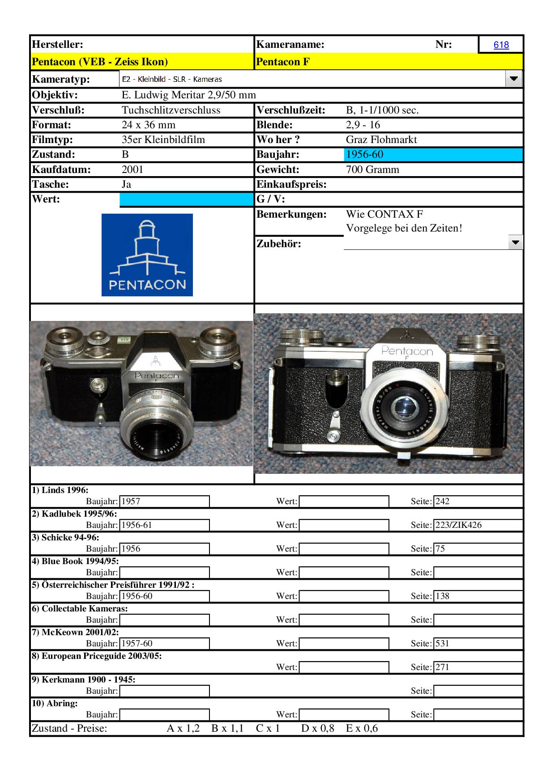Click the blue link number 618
pos(501,45)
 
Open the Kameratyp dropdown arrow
pos(513,79)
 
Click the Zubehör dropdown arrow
pos(516,243)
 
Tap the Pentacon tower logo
pos(147,255)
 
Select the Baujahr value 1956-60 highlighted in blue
pos(365,155)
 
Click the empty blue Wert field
pos(186,199)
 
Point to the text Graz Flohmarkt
pos(381,139)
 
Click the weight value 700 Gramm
pos(372,169)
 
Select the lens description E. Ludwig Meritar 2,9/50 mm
pos(188,95)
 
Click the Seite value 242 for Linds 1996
pos(442,501)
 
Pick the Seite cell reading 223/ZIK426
pos(458,525)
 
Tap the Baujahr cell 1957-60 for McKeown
pos(137,643)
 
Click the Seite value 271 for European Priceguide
pos(442,667)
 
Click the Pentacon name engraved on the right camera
pos(407,351)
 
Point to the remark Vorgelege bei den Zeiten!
pos(404,228)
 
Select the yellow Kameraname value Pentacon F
pos(283,62)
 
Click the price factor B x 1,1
pos(227,728)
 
